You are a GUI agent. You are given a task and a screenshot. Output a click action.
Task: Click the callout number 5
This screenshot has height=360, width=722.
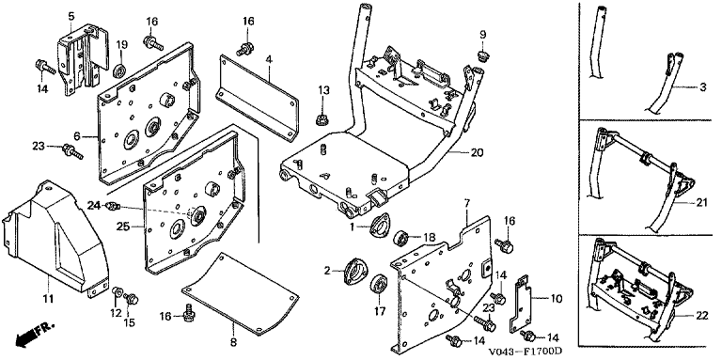[71, 17]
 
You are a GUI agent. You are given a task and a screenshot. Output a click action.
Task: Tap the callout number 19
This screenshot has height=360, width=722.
[121, 45]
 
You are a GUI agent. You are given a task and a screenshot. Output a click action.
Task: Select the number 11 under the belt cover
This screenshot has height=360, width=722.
[48, 299]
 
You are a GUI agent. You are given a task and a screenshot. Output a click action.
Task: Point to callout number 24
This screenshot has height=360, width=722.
[94, 206]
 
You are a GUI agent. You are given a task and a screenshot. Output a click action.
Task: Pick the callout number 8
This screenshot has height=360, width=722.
[233, 342]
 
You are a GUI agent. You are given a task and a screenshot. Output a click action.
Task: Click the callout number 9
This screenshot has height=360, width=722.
[483, 35]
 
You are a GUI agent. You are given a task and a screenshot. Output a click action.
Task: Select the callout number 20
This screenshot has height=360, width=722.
[478, 152]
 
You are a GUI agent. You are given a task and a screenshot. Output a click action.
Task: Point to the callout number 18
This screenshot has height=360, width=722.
[429, 238]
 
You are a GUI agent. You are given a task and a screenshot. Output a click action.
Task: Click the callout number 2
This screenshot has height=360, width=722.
[327, 271]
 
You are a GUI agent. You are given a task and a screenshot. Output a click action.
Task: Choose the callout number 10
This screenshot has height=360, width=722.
[557, 299]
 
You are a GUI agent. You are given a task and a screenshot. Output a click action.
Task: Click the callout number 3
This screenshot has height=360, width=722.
[703, 86]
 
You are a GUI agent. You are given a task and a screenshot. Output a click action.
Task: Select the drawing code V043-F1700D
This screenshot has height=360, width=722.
[526, 352]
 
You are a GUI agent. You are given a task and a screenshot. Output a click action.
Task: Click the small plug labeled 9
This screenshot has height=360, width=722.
[482, 56]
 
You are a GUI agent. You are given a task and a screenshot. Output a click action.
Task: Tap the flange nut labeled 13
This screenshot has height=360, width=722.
[321, 120]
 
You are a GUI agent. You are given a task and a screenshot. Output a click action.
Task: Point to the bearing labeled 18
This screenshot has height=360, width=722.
[401, 238]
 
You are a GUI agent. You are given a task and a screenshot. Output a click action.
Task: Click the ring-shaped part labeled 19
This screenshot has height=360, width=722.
[120, 71]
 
